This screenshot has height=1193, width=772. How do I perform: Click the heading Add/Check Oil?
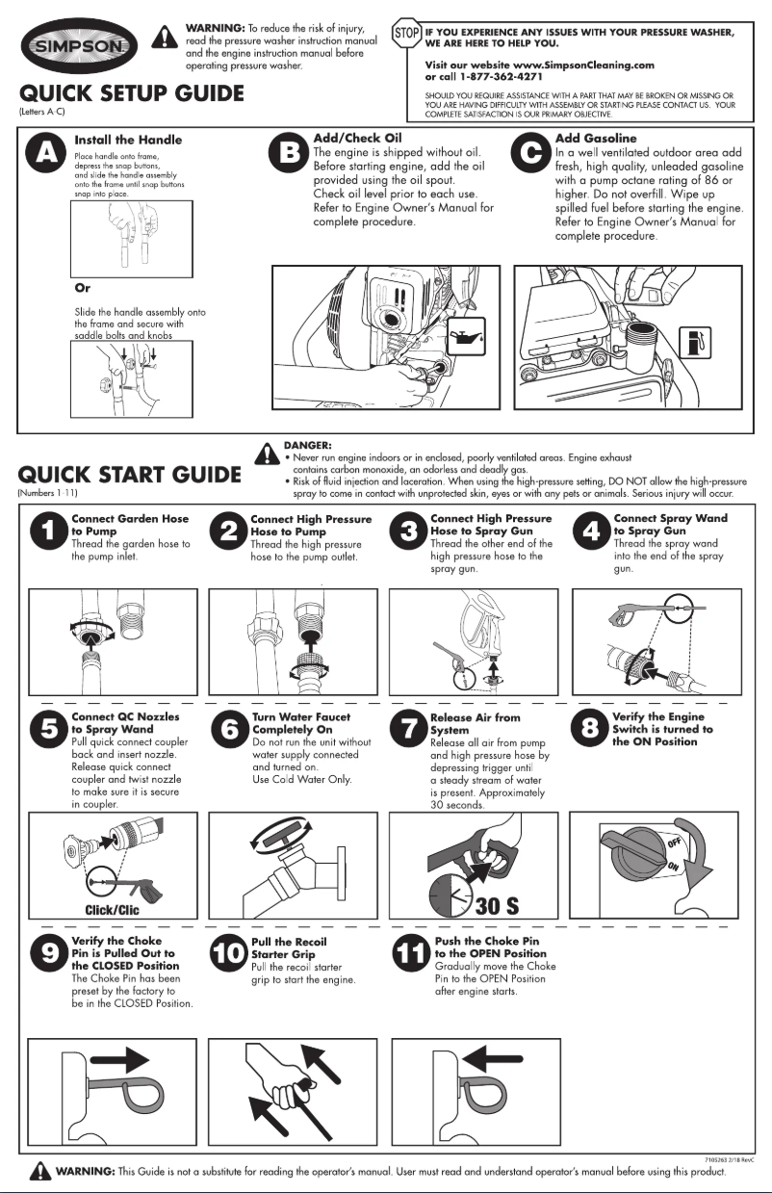coord(358,139)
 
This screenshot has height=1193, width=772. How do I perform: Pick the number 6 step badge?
coord(228,732)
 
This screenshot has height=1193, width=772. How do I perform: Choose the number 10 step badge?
coord(228,954)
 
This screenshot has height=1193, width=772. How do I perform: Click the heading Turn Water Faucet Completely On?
coord(300,723)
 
